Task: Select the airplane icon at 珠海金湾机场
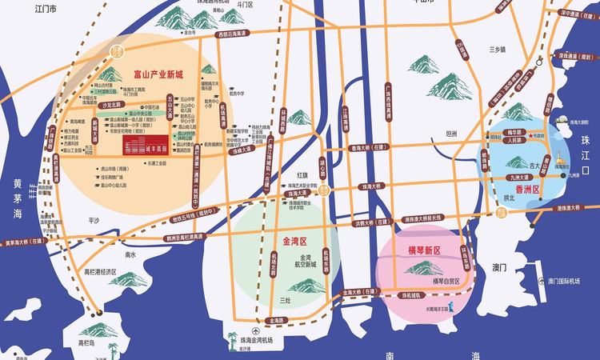[x=255, y=330]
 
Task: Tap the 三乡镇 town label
[x=498, y=49]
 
